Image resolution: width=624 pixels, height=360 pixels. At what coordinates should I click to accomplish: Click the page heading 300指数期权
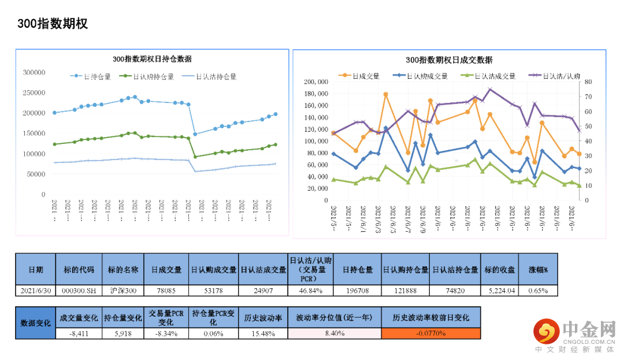[x=52, y=24]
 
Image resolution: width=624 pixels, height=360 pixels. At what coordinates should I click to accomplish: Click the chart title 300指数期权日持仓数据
[x=152, y=60]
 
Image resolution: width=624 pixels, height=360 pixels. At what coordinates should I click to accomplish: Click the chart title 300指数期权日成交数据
[x=449, y=60]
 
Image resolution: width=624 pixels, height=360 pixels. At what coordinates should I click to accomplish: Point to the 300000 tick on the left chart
[x=34, y=72]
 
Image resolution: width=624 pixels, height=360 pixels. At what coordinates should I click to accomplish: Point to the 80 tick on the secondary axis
[x=588, y=82]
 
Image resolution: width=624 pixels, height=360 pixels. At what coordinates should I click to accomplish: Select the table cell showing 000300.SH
[x=79, y=290]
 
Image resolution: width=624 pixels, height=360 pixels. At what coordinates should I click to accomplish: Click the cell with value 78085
[x=166, y=290]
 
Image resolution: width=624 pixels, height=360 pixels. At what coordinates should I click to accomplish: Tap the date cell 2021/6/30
[x=35, y=290]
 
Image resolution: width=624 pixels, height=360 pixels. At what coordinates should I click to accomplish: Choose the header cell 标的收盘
[x=499, y=270]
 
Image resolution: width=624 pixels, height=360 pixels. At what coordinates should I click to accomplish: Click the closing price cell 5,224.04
[x=499, y=290]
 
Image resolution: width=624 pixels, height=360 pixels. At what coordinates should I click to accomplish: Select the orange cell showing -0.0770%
[x=430, y=333]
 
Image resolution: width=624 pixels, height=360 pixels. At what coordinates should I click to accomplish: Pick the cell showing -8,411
[x=79, y=333]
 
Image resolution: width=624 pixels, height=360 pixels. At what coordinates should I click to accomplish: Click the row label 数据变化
[x=35, y=322]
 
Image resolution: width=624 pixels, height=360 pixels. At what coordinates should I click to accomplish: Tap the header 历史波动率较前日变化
[x=430, y=317]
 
